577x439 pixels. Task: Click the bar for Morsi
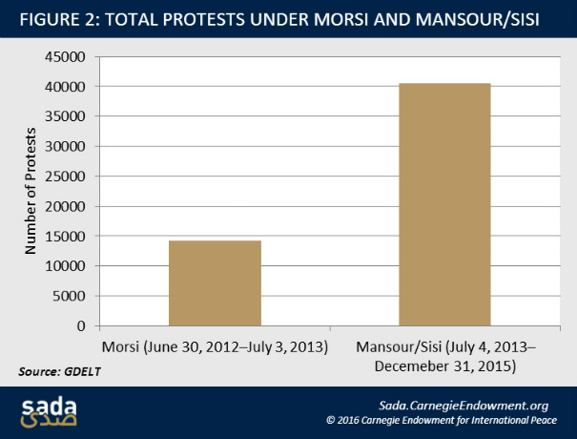215,283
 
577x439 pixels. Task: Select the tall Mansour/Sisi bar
444,205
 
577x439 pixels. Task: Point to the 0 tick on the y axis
84,326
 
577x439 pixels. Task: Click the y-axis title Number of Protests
31,191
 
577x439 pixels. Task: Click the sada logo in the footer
51,411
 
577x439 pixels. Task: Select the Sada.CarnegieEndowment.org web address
464,405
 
